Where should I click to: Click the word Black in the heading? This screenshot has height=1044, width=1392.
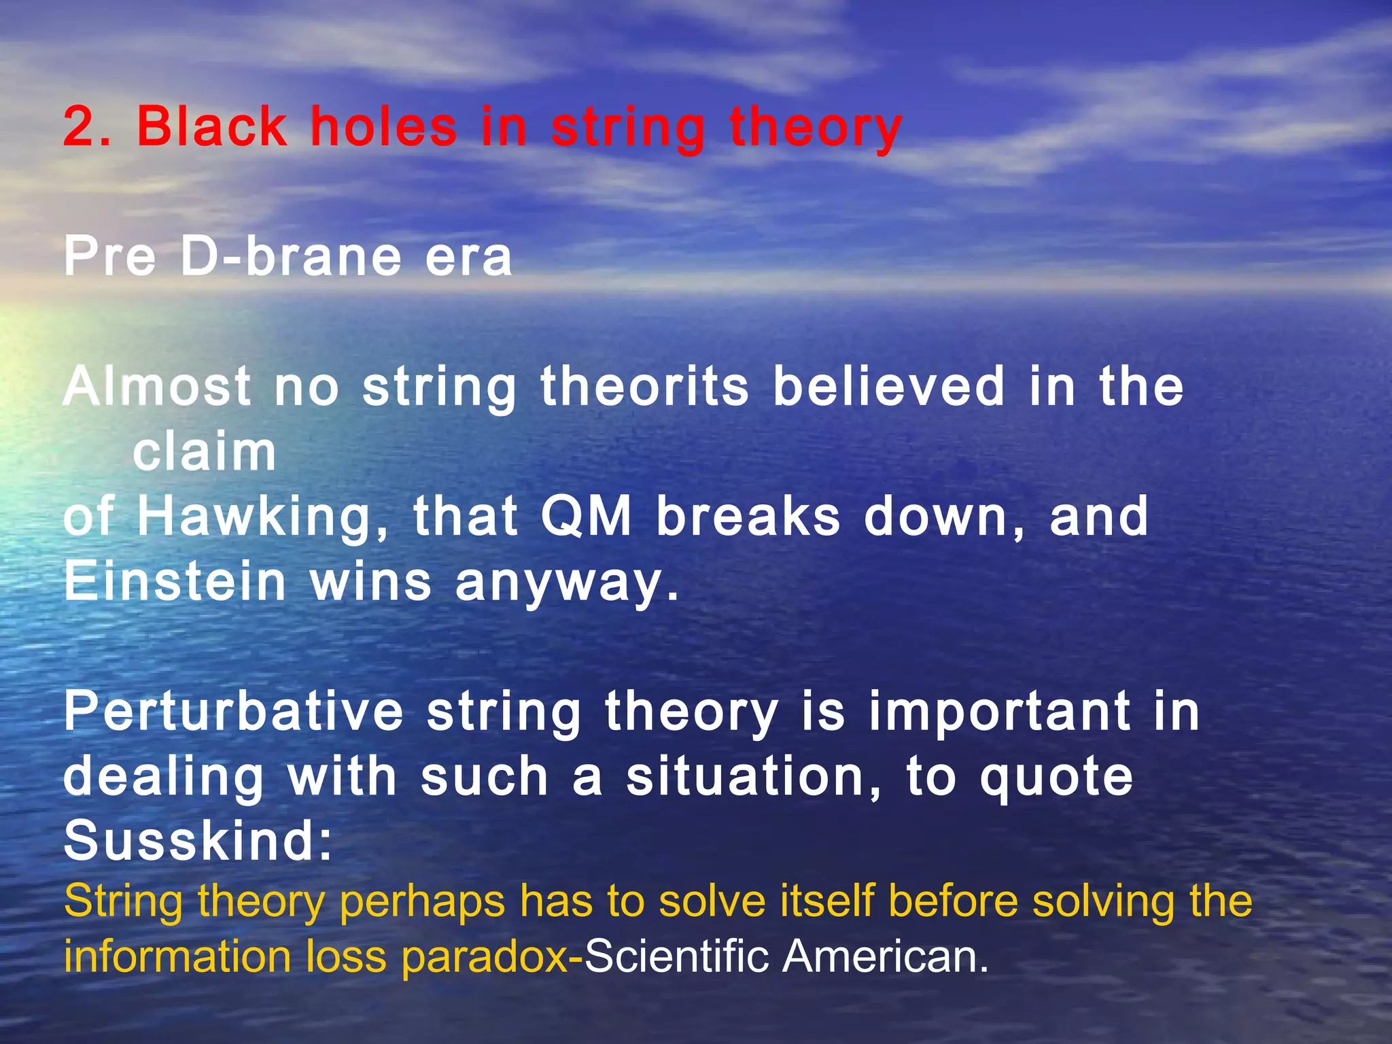[212, 127]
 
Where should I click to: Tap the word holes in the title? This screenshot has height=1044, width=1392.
[383, 127]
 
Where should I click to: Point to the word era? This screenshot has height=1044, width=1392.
[468, 258]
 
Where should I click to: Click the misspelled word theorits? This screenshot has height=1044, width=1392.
[644, 387]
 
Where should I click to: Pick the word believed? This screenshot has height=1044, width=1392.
[889, 387]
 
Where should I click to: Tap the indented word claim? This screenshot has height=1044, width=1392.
[205, 453]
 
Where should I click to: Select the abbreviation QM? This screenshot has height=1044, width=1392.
[586, 517]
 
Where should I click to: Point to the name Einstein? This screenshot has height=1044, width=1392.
[175, 582]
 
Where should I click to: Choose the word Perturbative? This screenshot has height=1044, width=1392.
[234, 712]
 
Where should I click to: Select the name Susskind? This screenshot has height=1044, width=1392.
[197, 841]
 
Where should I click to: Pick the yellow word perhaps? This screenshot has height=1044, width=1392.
[421, 903]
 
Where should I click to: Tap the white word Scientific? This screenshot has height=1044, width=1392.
[677, 957]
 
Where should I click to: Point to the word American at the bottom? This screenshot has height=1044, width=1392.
[884, 957]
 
